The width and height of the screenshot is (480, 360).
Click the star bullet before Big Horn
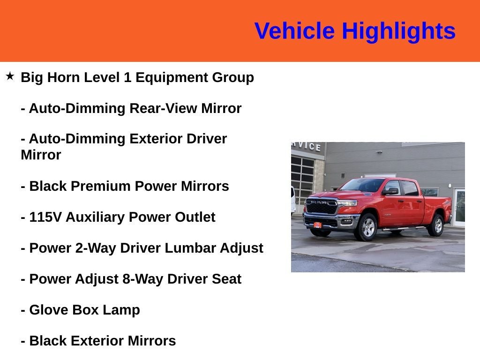coord(10,76)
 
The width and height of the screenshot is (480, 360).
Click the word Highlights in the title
coord(398,31)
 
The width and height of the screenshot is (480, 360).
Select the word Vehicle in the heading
coord(294,31)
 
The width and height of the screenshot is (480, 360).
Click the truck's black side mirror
coord(389,191)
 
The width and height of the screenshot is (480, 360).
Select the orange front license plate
coord(317,225)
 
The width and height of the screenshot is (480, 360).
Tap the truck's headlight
coord(347,203)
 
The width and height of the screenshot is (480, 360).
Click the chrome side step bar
coord(403,229)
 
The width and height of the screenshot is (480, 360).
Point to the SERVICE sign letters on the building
coord(307,146)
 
